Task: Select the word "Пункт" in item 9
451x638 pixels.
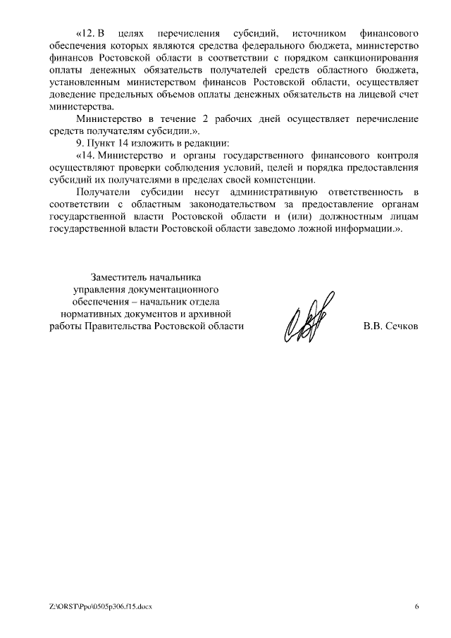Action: [100, 144]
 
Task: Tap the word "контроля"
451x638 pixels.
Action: [397, 156]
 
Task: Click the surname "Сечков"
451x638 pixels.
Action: [402, 326]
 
